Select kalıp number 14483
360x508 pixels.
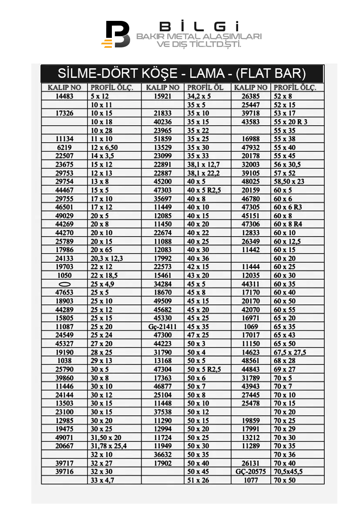64,96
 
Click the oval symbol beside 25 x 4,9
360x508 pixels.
64,284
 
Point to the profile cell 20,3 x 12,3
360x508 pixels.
107,258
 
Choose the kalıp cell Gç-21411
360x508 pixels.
163,327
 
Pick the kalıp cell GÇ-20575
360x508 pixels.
250,471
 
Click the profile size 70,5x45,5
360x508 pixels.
288,471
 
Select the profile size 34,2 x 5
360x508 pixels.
199,96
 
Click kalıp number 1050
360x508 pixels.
64,275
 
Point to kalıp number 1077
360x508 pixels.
250,480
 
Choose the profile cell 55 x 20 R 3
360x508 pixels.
290,122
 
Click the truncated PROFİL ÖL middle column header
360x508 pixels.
205,87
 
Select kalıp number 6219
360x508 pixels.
64,147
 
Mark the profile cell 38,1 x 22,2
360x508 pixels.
203,173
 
